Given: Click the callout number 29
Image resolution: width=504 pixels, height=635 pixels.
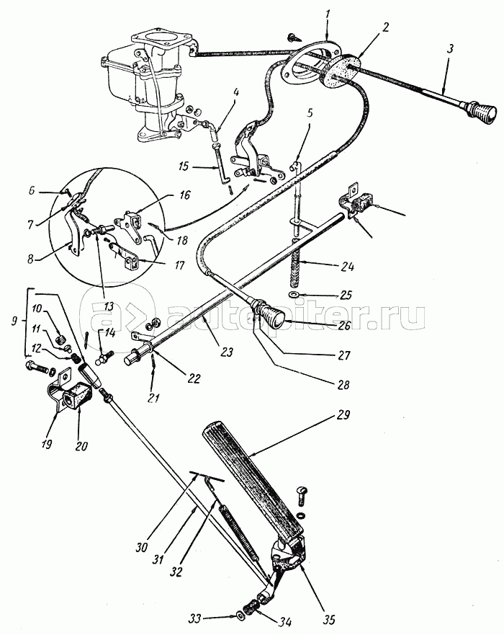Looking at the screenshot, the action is [x=342, y=415].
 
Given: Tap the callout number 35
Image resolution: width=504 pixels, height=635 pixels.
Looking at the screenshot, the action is [x=329, y=620].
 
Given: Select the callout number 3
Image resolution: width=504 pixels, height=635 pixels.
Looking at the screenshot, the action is [x=450, y=49].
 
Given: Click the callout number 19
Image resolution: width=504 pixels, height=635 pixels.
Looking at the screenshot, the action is [x=46, y=444].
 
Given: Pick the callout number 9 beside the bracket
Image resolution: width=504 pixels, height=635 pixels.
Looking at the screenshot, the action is [x=14, y=321].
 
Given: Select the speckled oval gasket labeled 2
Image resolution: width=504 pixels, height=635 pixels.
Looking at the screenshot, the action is [x=343, y=71].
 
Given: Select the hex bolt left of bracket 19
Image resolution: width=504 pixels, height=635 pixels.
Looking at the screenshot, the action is [x=37, y=368].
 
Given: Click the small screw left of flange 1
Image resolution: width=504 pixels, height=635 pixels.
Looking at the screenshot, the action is [x=294, y=37].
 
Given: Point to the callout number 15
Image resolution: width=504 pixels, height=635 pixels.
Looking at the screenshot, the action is [x=184, y=166].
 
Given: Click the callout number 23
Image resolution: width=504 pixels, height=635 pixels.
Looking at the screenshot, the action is [x=227, y=352].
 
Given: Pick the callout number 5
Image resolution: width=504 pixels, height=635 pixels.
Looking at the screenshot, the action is [x=309, y=112].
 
